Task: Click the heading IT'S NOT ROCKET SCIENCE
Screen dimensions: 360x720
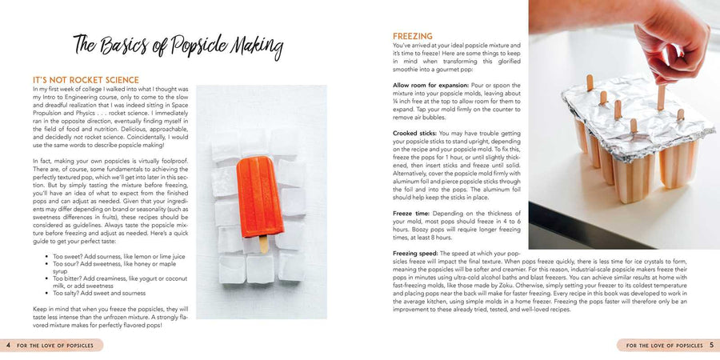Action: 86,80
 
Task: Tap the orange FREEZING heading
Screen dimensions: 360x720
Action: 413,36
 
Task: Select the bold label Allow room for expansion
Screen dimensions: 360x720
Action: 432,85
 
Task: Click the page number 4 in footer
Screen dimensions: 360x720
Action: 8,346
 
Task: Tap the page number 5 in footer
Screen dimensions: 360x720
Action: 711,346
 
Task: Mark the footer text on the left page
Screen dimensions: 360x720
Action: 57,346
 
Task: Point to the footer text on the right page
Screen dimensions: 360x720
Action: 663,346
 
